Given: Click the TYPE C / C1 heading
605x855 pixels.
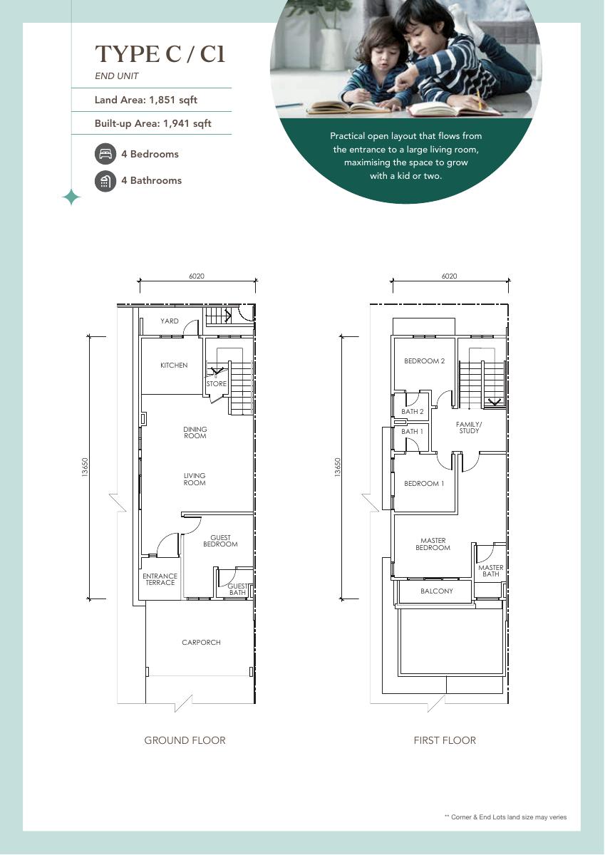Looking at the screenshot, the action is click(x=160, y=54).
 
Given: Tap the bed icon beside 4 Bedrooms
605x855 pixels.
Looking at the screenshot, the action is click(x=105, y=154).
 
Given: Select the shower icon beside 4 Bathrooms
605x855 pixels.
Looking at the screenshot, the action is click(x=105, y=181).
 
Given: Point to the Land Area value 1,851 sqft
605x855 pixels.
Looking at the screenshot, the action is click(x=173, y=100).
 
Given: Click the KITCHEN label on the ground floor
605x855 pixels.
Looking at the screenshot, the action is click(x=174, y=366).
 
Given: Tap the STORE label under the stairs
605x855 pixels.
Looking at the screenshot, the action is click(x=217, y=383).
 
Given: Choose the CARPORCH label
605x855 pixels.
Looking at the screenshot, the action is click(x=201, y=643).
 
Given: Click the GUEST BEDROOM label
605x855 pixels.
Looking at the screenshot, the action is click(x=220, y=541).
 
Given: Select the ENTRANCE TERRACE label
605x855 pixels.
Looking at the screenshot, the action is click(x=160, y=579).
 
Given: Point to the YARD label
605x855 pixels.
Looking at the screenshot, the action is click(x=170, y=321).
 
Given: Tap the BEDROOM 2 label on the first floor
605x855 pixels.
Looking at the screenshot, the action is click(x=425, y=361).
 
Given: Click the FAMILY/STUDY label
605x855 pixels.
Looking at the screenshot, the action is click(x=469, y=427).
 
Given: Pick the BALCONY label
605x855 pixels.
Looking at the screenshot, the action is click(x=437, y=591).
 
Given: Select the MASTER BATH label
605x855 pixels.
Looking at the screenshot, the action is click(x=491, y=571).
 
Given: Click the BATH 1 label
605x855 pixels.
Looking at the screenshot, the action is click(x=412, y=431).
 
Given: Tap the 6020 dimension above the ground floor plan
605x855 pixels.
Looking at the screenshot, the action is click(x=197, y=276).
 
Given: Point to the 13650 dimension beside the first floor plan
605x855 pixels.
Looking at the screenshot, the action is click(x=338, y=467).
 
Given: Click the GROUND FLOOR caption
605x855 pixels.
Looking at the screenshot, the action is click(x=185, y=740).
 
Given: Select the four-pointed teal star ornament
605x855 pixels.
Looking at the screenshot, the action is click(x=71, y=197).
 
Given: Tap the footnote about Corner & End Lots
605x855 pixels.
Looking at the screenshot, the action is click(x=505, y=817).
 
